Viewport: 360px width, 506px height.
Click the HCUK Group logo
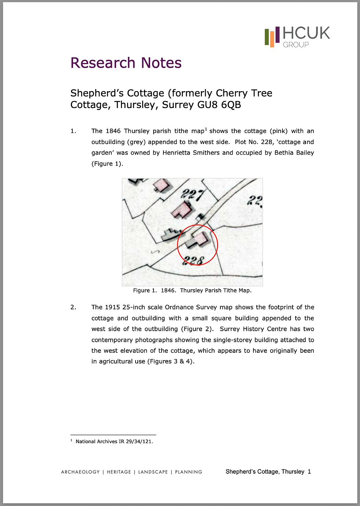(x=297, y=37)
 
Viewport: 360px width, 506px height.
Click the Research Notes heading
(x=126, y=63)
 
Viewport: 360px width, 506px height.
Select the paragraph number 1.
(x=73, y=131)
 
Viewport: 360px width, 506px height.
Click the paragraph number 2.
(x=73, y=307)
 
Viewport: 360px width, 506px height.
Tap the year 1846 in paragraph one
(x=113, y=131)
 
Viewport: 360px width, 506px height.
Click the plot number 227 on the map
(x=192, y=194)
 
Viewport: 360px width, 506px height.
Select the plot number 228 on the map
(x=194, y=260)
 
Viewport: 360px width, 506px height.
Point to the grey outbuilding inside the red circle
(x=191, y=243)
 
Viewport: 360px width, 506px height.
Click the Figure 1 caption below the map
(x=192, y=290)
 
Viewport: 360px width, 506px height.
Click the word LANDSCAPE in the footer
(x=153, y=472)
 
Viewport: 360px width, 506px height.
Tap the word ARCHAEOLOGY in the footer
(x=80, y=472)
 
